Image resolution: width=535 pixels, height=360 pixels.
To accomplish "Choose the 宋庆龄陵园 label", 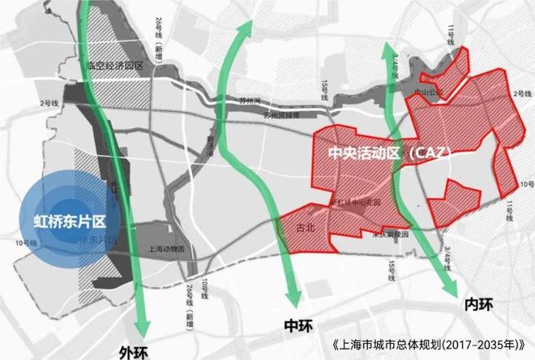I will click(x=388, y=234).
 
